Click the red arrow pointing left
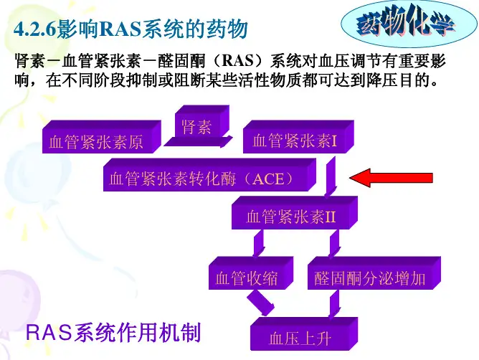(391, 178)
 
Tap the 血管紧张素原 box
(101, 137)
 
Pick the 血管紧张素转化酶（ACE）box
(209, 175)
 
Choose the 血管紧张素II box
(295, 213)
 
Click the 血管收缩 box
(251, 273)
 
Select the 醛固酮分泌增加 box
(374, 273)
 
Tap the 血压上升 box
(304, 334)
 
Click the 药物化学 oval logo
(409, 24)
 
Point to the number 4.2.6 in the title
(35, 29)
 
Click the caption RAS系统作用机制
(113, 332)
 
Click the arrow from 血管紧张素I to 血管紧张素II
(331, 176)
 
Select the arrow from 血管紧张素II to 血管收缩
(258, 243)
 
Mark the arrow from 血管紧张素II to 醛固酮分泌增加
(334, 243)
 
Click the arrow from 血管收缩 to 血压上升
(260, 303)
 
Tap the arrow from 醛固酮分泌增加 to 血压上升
(334, 304)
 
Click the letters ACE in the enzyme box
(268, 179)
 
